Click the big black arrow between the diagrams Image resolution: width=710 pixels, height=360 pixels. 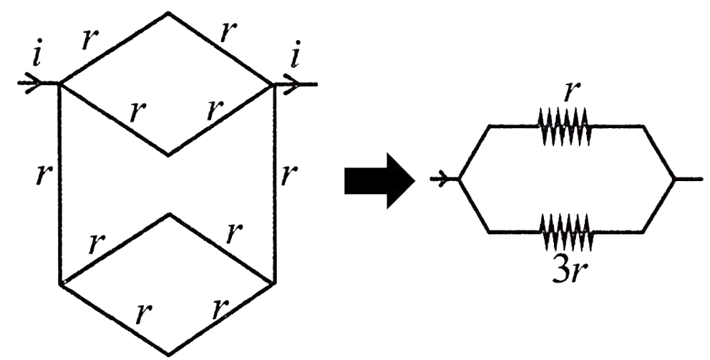[x=379, y=180]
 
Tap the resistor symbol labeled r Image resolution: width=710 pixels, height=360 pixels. [x=564, y=126]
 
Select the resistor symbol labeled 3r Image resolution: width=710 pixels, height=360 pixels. [x=564, y=232]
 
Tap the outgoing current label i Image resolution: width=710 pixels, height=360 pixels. [x=294, y=57]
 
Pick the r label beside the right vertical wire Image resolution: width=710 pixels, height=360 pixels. [x=289, y=175]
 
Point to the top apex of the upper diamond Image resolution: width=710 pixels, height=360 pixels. [x=168, y=13]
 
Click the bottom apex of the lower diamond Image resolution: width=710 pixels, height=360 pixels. [x=168, y=354]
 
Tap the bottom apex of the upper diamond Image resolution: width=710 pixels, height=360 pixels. [x=168, y=155]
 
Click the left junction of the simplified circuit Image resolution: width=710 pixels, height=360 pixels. [x=459, y=180]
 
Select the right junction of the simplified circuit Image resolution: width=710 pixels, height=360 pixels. [x=675, y=180]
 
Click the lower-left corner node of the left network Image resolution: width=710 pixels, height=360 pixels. [x=60, y=283]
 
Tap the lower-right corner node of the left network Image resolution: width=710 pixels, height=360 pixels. [x=275, y=284]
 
